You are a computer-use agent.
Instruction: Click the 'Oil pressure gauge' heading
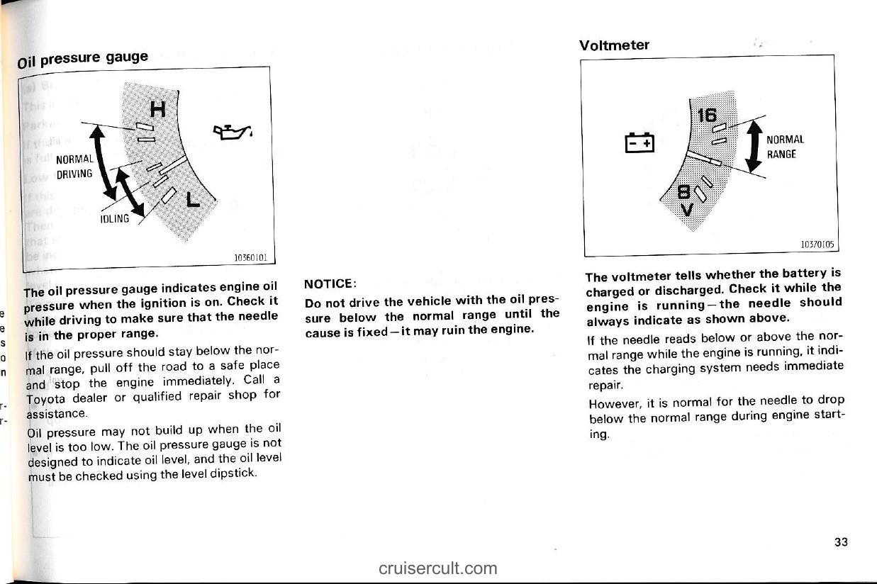pos(84,57)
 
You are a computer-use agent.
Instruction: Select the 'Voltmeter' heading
pos(614,45)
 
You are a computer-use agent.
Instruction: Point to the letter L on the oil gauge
pos(192,200)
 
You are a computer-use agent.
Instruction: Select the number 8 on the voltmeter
pos(684,192)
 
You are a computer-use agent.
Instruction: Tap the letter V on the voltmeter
pos(686,210)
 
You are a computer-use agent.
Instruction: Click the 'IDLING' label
pos(115,219)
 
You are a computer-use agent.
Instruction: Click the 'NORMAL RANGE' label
pos(785,147)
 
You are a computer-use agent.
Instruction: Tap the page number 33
pos(842,542)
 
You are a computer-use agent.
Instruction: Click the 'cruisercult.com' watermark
pos(437,568)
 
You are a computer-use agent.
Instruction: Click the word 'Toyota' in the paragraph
pos(46,398)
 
